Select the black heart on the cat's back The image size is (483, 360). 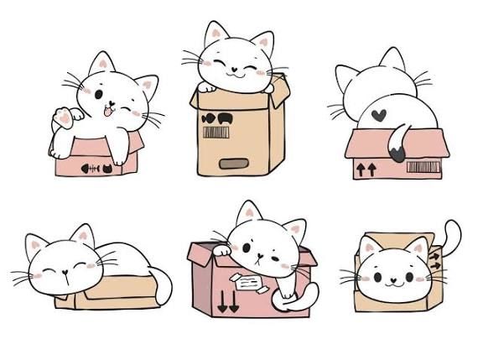click(x=380, y=112)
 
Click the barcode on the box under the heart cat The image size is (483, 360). click(x=421, y=166)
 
